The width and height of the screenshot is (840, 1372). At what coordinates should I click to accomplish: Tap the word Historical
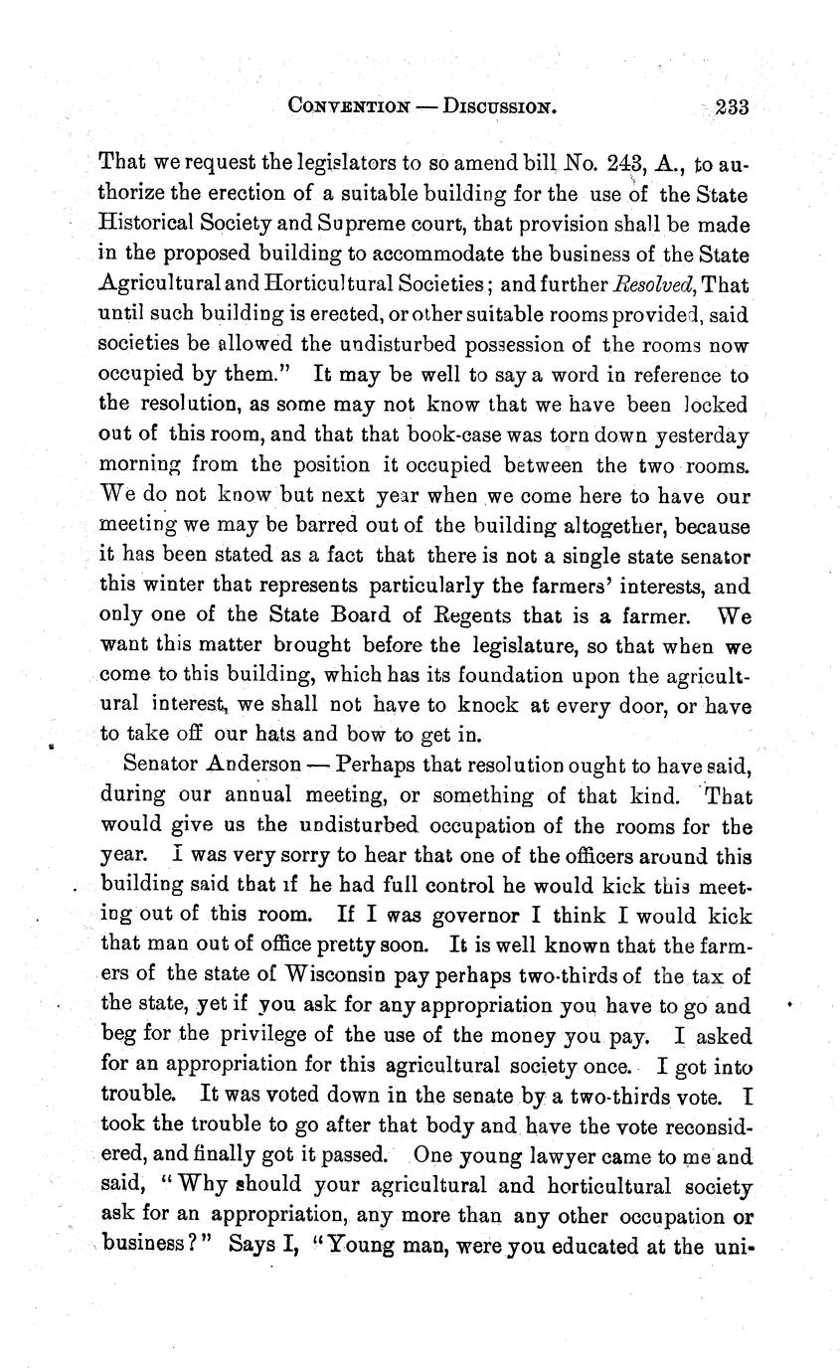point(146,226)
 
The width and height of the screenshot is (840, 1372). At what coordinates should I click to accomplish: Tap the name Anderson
point(254,767)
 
